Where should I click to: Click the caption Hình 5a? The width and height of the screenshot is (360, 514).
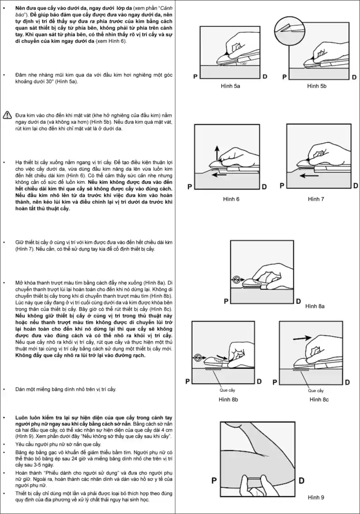click(230, 86)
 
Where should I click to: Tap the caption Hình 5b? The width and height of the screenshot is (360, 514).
click(317, 86)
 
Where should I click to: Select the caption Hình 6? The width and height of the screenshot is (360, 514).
click(231, 199)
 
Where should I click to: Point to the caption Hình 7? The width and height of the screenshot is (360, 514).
click(316, 199)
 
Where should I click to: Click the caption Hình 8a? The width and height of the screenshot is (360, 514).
click(315, 306)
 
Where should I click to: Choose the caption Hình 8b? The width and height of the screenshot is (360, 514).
click(228, 399)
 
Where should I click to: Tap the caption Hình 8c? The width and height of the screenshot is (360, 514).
click(319, 399)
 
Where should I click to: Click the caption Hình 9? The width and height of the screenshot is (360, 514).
click(316, 497)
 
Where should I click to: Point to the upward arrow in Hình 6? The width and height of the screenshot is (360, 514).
click(217, 153)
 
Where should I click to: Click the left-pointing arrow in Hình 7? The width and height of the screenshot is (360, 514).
click(307, 176)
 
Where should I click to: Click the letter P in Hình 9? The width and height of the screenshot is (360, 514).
click(214, 480)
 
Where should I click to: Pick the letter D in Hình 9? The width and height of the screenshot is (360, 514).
click(302, 480)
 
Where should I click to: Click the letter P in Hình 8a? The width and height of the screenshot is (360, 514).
click(226, 301)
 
